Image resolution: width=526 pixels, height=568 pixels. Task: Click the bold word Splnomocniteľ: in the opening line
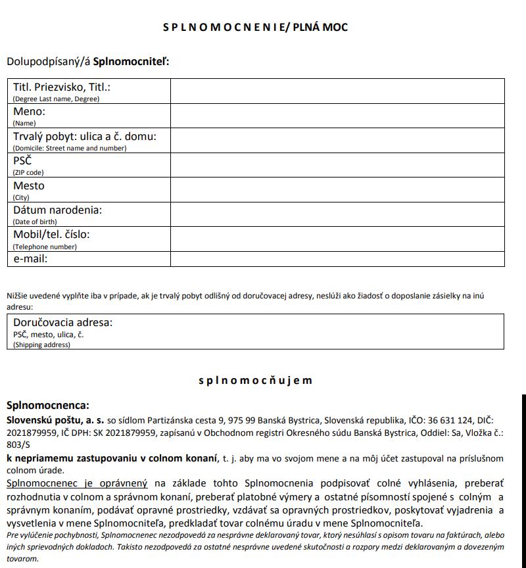point(131,62)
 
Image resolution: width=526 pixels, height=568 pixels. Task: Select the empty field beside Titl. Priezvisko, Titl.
point(337,91)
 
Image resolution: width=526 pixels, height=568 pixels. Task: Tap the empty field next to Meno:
point(337,116)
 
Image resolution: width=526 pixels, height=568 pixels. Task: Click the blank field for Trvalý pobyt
point(337,140)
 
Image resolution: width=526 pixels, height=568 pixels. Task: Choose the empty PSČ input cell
point(337,165)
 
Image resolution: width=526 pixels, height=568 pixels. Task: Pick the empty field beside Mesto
point(337,189)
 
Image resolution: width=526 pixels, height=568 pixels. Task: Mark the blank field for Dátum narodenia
point(337,214)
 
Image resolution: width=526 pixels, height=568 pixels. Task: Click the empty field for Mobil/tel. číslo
point(337,239)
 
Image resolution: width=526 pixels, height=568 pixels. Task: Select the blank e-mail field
point(337,259)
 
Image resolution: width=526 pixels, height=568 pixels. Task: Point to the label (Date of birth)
point(35,222)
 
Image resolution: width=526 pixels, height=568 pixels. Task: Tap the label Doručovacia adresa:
point(63,323)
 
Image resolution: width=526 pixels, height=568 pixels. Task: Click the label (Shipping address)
point(41,345)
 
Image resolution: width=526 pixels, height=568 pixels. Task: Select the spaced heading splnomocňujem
point(255,381)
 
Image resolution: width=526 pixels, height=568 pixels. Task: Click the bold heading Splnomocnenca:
point(47,406)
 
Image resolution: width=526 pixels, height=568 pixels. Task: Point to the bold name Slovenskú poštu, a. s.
point(56,419)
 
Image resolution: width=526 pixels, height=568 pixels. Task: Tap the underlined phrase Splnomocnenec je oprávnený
point(78,483)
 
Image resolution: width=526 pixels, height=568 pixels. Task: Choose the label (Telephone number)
point(45,247)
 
